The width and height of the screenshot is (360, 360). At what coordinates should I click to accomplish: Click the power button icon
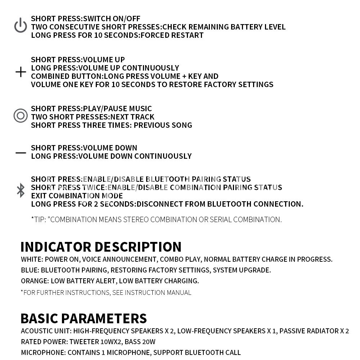[x=21, y=26]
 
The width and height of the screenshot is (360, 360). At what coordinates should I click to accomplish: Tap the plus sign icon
[x=21, y=72]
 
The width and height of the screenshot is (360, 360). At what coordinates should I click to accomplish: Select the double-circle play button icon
[x=21, y=116]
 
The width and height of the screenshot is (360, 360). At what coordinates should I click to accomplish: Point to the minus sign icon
[x=21, y=153]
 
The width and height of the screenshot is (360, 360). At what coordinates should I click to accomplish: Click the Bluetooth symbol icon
[x=21, y=190]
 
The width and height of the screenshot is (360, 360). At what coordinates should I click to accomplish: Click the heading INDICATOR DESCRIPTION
[x=101, y=247]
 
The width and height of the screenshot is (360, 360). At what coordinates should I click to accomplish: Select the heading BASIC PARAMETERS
[x=84, y=319]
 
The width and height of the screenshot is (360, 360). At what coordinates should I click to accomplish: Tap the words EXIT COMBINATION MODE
[x=77, y=196]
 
